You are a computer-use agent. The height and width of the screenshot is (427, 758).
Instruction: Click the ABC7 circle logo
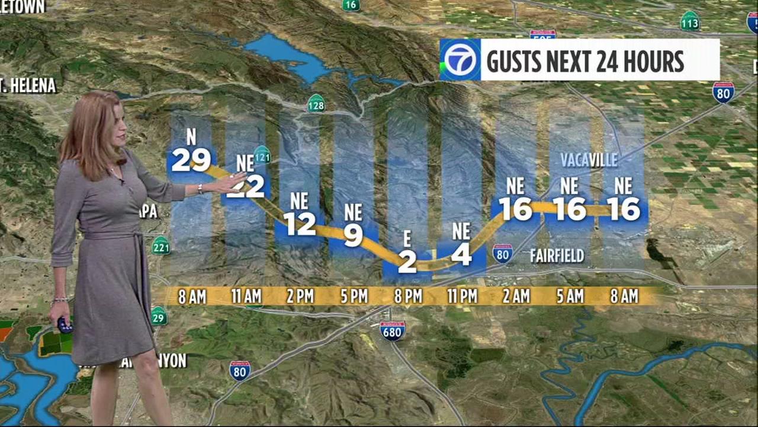(x=460, y=60)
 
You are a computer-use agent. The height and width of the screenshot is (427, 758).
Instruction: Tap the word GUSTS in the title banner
(x=521, y=61)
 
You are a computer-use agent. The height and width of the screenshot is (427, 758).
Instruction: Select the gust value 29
(x=191, y=160)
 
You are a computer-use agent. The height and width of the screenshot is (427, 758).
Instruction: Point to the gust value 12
(x=299, y=224)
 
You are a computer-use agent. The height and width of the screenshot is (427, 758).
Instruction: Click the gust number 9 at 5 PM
(x=353, y=235)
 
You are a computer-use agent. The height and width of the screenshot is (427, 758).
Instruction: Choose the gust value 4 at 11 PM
(x=461, y=254)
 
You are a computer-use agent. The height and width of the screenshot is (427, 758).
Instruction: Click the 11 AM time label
(x=246, y=296)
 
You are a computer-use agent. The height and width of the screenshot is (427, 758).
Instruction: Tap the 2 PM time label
(x=300, y=296)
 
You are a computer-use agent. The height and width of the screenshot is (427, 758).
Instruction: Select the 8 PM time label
(x=407, y=296)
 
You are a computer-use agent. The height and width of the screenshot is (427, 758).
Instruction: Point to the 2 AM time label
(x=515, y=296)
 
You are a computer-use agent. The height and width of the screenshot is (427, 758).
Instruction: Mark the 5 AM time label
(x=569, y=296)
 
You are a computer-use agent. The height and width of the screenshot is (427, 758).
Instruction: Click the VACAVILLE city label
(x=589, y=160)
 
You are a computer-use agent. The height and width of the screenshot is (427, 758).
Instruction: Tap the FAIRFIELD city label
(x=557, y=256)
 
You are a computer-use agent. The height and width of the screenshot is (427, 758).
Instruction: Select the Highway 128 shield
(x=316, y=103)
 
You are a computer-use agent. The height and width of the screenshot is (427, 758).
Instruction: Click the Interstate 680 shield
(x=392, y=330)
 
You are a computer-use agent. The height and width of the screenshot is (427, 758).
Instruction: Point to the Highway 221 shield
(x=160, y=245)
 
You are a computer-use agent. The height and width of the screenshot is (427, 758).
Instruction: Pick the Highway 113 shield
(x=689, y=21)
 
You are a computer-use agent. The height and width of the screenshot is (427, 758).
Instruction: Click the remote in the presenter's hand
(x=65, y=325)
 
